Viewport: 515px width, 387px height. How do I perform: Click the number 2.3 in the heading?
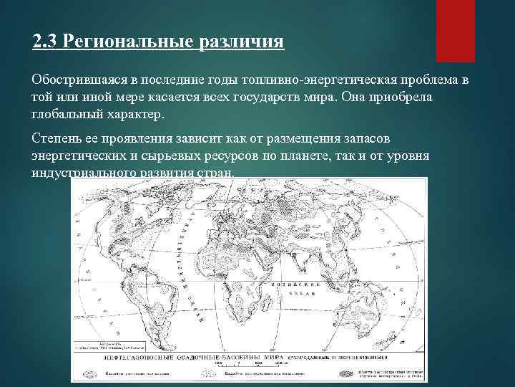(x=45, y=39)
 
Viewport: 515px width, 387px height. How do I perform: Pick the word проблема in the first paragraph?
(x=423, y=78)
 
